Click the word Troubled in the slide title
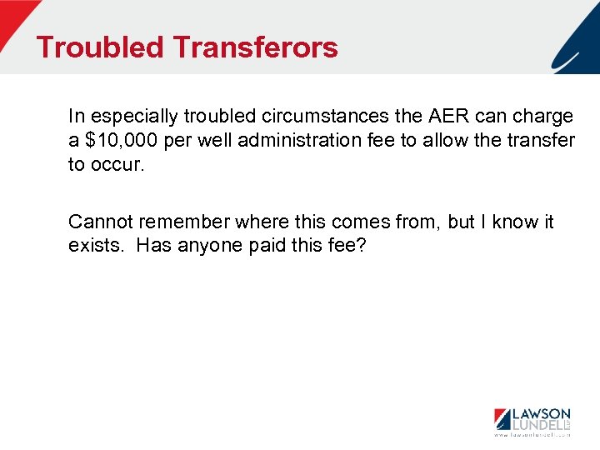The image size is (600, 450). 101,47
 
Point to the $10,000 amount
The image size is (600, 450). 120,140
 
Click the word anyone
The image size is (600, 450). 210,246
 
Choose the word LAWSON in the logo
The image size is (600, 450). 541,413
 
